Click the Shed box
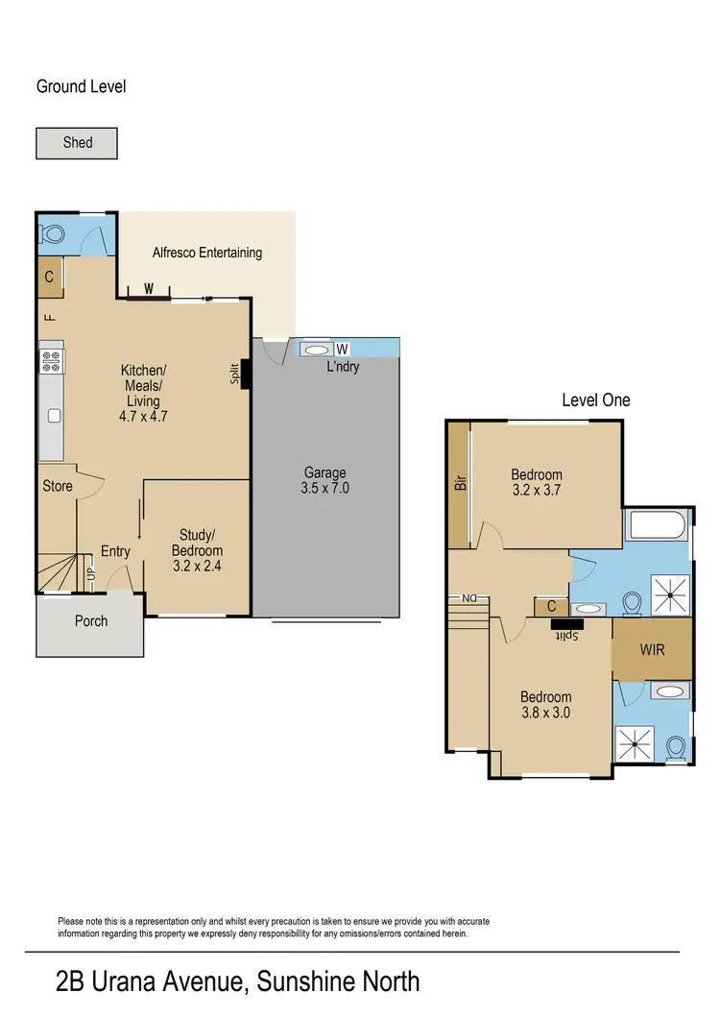point(77,143)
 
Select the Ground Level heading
point(81,86)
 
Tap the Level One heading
point(595,400)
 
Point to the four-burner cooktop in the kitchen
point(50,362)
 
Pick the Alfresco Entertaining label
point(207,253)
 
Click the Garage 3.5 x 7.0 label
point(325,480)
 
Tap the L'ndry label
point(343,367)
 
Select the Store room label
point(58,486)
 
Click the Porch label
point(91,620)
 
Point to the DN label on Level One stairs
point(469,598)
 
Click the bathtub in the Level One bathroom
point(656,526)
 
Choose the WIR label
point(652,648)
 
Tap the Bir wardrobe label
point(459,481)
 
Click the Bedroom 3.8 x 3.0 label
point(545,705)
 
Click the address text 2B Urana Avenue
point(238,981)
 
